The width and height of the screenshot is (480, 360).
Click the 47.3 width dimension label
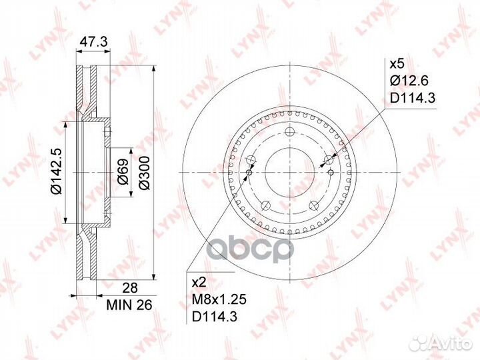93,42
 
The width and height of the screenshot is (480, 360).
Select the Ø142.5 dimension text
57,171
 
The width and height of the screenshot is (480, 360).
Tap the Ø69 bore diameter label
123,172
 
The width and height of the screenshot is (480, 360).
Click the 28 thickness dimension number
130,288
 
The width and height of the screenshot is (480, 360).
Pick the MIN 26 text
129,305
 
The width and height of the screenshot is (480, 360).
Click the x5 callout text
397,64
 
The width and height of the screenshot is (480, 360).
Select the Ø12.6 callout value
409,81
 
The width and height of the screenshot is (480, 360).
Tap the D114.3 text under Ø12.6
413,98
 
